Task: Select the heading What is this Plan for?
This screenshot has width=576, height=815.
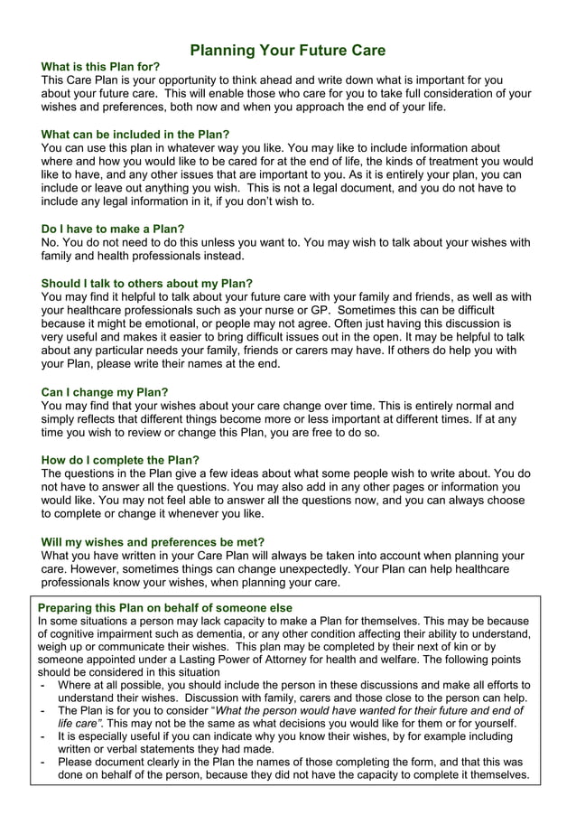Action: [101, 67]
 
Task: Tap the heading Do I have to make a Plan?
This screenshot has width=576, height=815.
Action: [113, 229]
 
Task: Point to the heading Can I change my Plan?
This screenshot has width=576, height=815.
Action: [105, 392]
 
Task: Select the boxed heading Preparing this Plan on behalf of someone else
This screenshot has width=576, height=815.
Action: [164, 608]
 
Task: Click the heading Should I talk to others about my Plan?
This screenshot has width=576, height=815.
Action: [147, 283]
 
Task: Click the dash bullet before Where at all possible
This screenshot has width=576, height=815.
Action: [44, 685]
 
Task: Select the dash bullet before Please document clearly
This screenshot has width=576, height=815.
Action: [44, 763]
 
